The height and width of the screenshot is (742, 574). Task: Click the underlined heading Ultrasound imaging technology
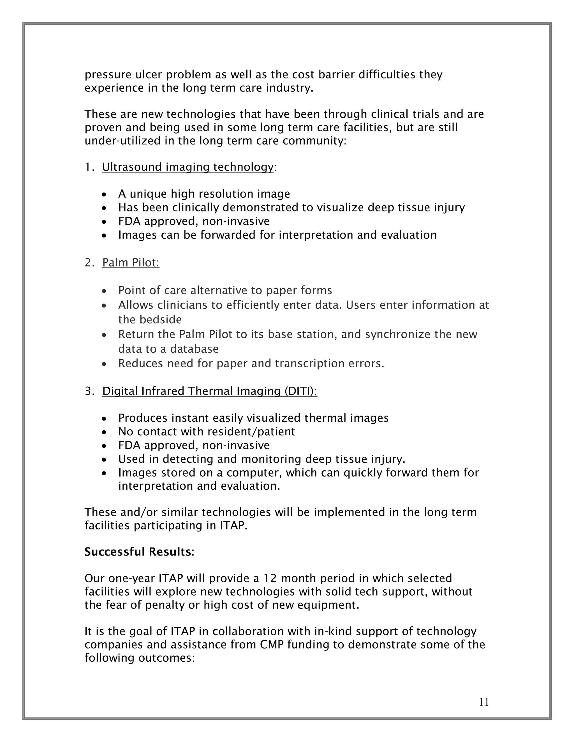point(188,167)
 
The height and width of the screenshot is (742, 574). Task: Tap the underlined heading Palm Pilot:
point(131,263)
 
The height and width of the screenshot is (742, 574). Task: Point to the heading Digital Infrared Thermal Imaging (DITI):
point(209,391)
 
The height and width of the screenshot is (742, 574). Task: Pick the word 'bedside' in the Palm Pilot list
point(162,320)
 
